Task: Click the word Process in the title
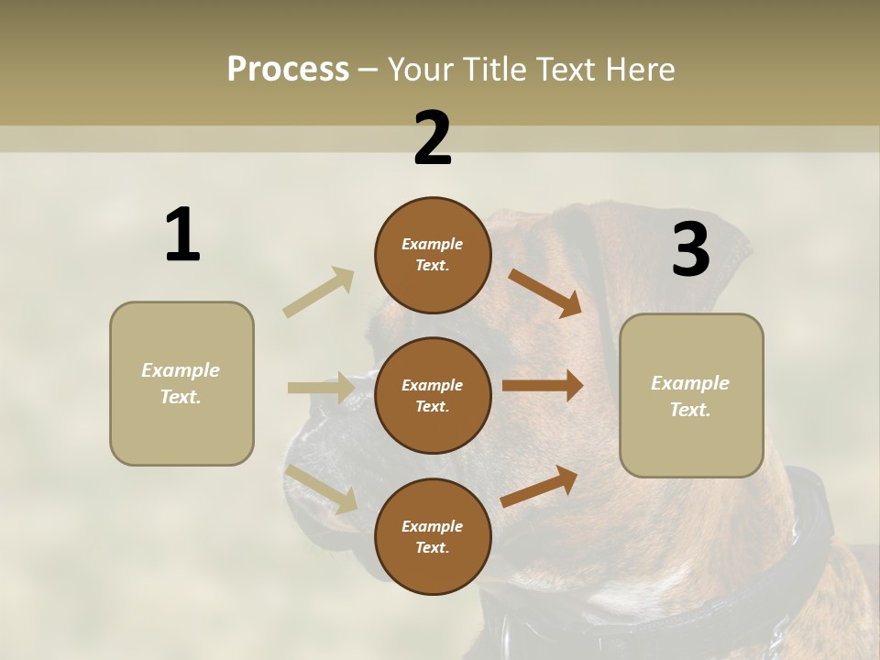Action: pyautogui.click(x=288, y=69)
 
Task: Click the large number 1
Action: pyautogui.click(x=182, y=236)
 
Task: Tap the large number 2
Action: pyautogui.click(x=433, y=139)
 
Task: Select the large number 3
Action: pyautogui.click(x=691, y=250)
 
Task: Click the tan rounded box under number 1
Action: pyautogui.click(x=181, y=383)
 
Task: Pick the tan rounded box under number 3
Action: pyautogui.click(x=691, y=395)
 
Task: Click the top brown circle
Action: pyautogui.click(x=433, y=255)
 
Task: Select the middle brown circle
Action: pyautogui.click(x=433, y=395)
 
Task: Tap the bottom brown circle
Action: pyautogui.click(x=433, y=536)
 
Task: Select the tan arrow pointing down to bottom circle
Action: pyautogui.click(x=322, y=489)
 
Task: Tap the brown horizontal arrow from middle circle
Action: pyautogui.click(x=543, y=386)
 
